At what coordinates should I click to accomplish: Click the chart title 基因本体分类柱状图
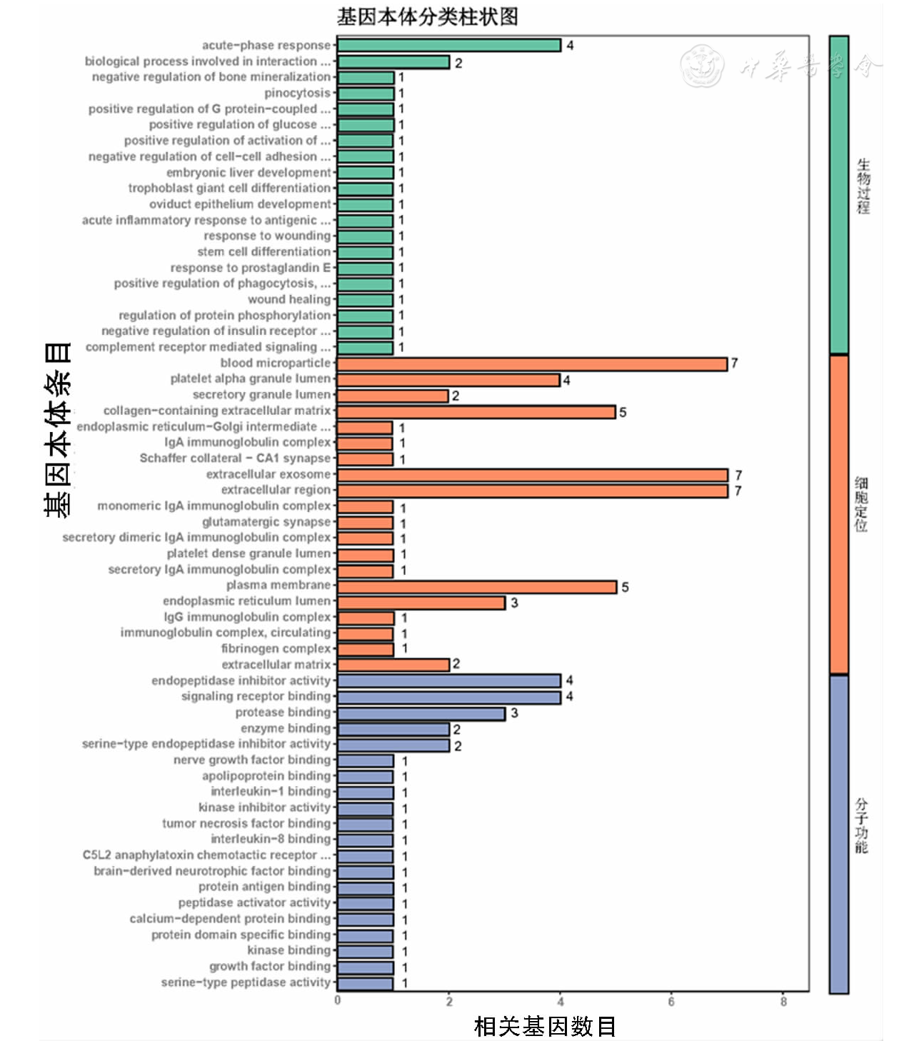[428, 16]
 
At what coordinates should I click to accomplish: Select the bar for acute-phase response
[448, 46]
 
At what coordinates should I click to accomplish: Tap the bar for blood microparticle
[532, 363]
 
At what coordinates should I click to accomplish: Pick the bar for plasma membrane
[476, 587]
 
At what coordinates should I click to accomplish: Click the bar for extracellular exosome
[532, 476]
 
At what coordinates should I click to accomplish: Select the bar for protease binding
[421, 713]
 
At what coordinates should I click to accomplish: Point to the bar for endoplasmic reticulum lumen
[421, 603]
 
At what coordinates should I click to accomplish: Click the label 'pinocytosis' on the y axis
[297, 93]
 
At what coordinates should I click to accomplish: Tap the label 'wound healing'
[289, 299]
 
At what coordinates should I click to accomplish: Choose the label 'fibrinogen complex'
[276, 648]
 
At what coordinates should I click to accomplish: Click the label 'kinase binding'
[288, 950]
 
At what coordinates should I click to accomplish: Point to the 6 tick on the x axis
[671, 1002]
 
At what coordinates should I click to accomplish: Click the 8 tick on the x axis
[783, 1002]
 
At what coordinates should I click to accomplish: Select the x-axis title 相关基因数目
[545, 1027]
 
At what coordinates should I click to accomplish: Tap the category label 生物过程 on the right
[863, 187]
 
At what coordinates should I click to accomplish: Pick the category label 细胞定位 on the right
[862, 505]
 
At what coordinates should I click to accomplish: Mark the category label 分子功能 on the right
[862, 826]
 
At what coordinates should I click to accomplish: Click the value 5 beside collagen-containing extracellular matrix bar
[623, 413]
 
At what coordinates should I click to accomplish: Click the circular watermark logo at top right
[701, 66]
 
